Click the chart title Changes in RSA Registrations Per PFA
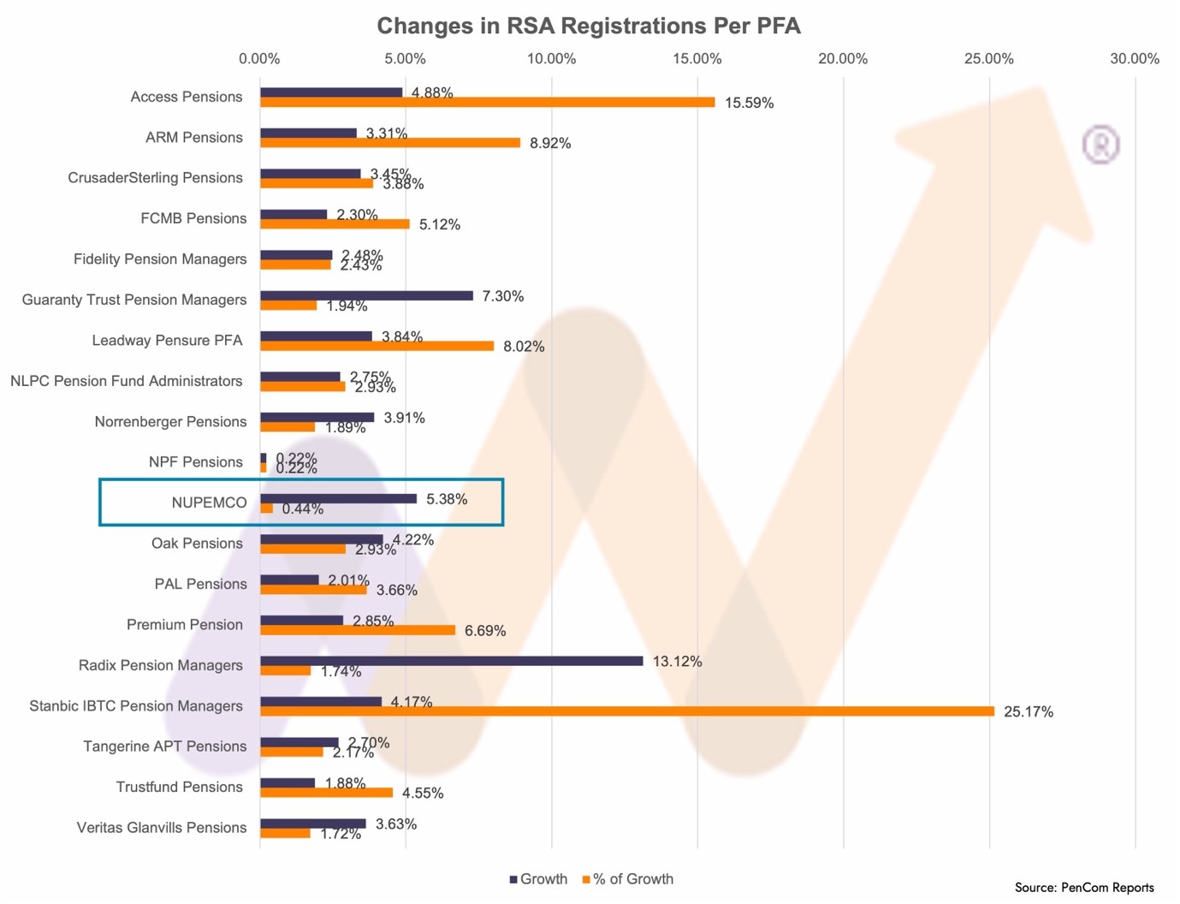pos(589,27)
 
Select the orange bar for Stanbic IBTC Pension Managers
pos(626,711)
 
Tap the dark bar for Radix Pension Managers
pos(451,661)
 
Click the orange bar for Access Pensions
pos(487,103)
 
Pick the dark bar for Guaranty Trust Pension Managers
pos(366,295)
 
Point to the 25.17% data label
pos(1028,712)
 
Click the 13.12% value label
pos(677,662)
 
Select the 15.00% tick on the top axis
pos(697,59)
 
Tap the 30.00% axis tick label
pos(1134,59)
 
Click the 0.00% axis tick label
pos(259,59)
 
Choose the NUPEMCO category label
pos(209,503)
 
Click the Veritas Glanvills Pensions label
pos(162,828)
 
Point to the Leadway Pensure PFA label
pos(168,341)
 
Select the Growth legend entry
pos(539,879)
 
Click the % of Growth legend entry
pos(628,879)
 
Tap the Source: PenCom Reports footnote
pos(1084,888)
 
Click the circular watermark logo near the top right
pos(1100,145)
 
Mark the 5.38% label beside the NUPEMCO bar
pos(447,499)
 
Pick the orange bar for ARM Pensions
pos(390,143)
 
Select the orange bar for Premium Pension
pos(358,630)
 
